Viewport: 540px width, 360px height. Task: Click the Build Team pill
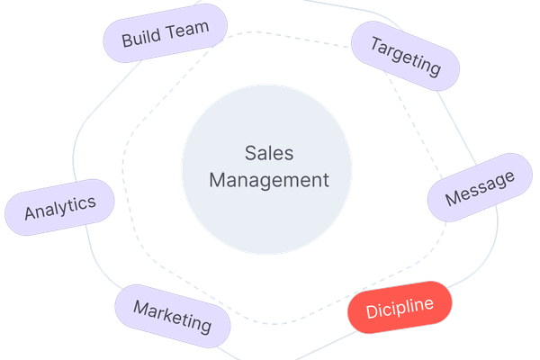tap(165, 35)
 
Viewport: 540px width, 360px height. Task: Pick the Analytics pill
tap(60, 207)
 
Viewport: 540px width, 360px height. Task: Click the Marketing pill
tap(173, 316)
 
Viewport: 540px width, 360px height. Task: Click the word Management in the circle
tap(269, 179)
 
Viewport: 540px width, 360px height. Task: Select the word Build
tap(140, 39)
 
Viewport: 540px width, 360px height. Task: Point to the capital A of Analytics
tap(30, 214)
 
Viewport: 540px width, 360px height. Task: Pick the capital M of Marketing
tap(140, 308)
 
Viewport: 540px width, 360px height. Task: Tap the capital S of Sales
tap(250, 154)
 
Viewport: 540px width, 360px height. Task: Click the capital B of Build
tap(127, 40)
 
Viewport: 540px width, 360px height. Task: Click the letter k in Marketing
tap(174, 317)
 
